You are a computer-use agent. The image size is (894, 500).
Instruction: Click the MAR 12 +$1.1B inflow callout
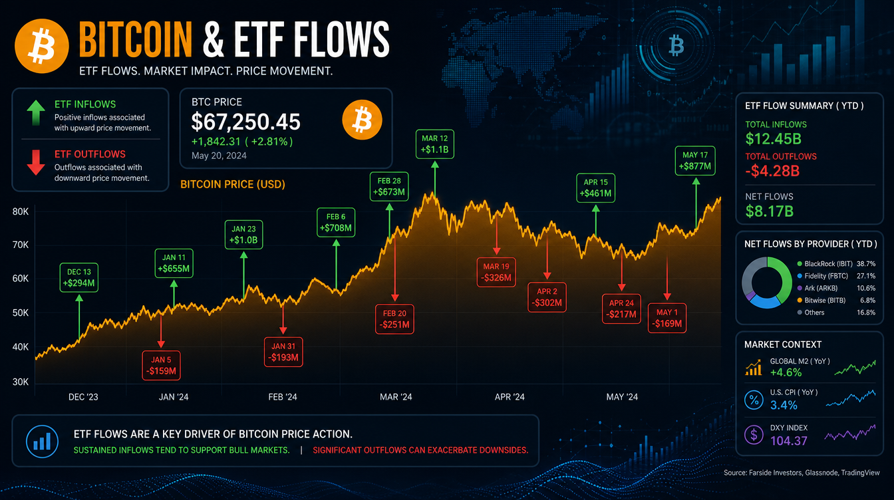[x=434, y=144]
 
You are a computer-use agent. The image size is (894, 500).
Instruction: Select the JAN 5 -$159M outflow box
[x=161, y=366]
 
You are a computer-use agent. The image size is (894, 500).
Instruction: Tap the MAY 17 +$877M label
[x=695, y=161]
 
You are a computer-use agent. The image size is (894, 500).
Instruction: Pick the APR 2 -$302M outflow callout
[x=547, y=297]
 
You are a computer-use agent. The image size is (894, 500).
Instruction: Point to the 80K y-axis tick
[x=21, y=211]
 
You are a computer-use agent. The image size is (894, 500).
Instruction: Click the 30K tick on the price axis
[x=21, y=382]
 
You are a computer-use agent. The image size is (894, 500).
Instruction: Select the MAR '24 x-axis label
[x=396, y=397]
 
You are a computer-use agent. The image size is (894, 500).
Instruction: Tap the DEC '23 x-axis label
[x=83, y=397]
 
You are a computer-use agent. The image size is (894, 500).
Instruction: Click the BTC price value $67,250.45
[x=245, y=122]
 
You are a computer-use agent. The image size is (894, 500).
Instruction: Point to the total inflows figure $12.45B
[x=773, y=139]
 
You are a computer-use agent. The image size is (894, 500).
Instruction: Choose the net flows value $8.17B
[x=769, y=211]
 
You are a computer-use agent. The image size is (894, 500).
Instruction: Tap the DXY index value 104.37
[x=788, y=441]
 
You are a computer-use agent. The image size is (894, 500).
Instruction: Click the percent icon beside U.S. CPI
[x=754, y=400]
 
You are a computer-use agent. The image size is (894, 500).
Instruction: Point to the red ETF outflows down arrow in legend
[x=35, y=163]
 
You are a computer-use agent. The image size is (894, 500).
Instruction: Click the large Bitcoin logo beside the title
[x=41, y=46]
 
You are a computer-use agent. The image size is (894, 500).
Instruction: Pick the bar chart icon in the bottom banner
[x=43, y=441]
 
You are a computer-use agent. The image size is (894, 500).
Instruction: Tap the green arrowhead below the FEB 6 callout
[x=336, y=243]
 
